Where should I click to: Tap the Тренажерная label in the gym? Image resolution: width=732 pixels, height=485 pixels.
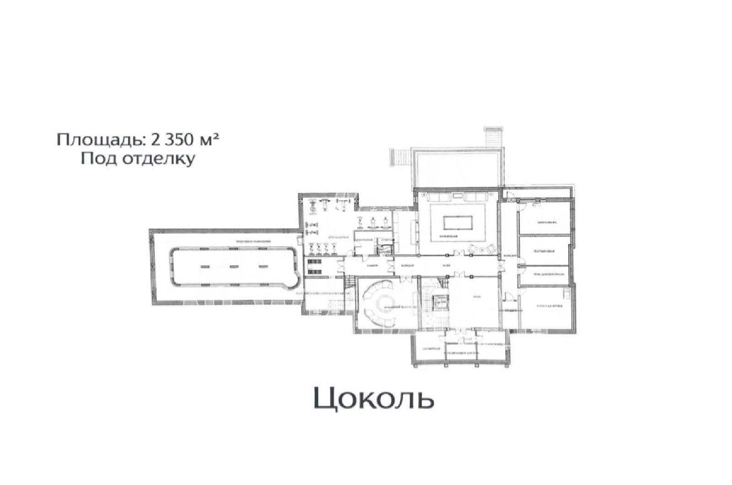point(339,237)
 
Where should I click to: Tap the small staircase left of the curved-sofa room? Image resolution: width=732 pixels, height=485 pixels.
point(350,282)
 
